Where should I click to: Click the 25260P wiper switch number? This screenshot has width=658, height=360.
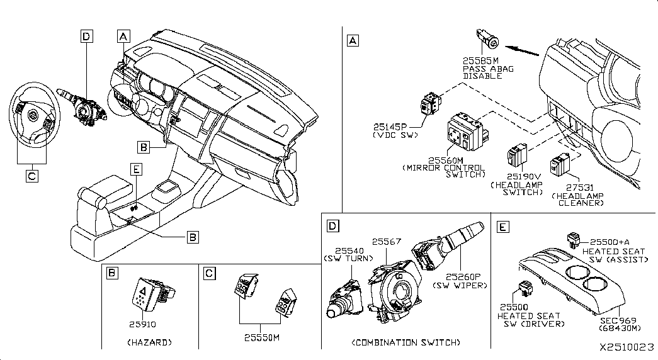point(463,276)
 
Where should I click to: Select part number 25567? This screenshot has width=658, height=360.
point(385,242)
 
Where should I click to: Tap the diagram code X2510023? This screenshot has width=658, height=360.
point(627,347)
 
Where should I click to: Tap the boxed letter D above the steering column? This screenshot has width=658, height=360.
point(87,37)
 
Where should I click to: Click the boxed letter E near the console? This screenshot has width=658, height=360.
point(135,168)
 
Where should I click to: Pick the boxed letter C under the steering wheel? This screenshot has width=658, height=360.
point(31,177)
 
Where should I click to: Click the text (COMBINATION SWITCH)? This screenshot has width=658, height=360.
point(406,342)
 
